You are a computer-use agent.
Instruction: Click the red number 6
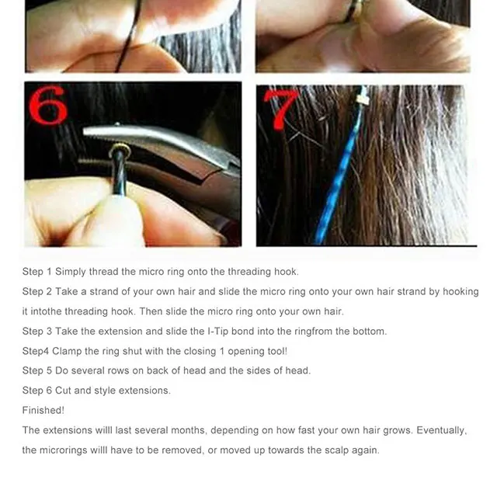click(48, 105)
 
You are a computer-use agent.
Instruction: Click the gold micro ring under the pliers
click(119, 149)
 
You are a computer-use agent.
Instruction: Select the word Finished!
click(43, 411)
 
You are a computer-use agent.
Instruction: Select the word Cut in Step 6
click(63, 391)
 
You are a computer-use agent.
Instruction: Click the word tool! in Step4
click(277, 351)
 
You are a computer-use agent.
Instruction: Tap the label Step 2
click(36, 292)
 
